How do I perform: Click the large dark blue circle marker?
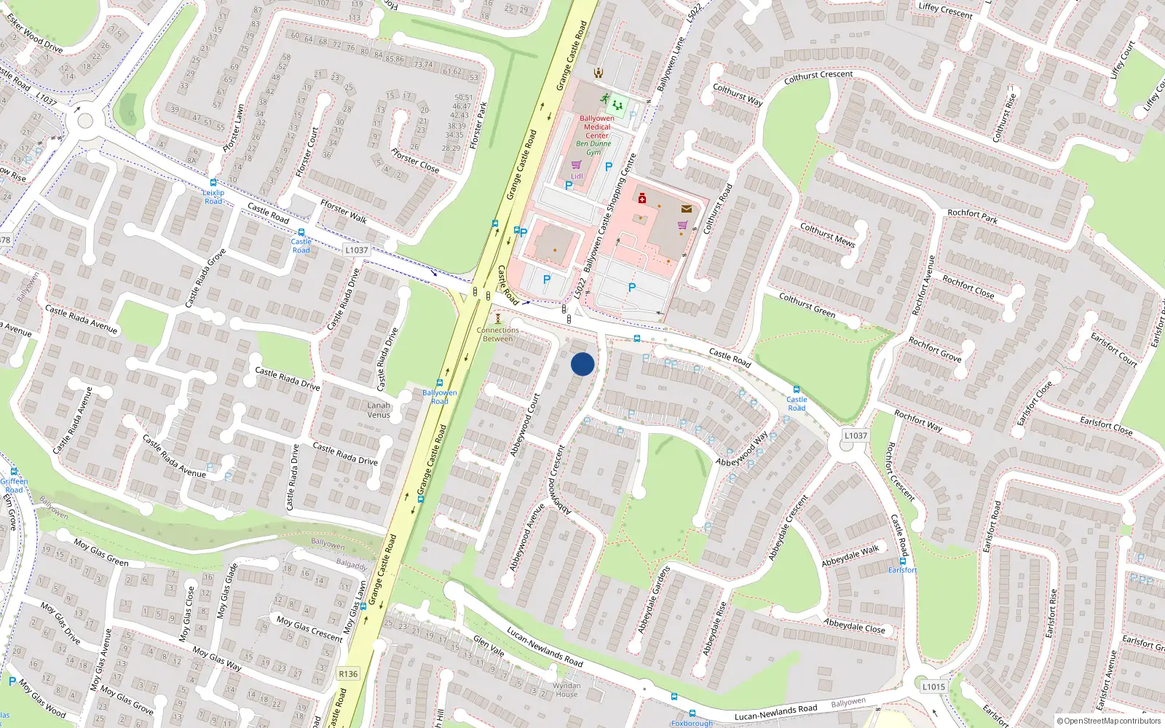pyautogui.click(x=582, y=364)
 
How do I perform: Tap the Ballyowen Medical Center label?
pyautogui.click(x=597, y=127)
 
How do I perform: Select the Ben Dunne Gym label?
pyautogui.click(x=593, y=148)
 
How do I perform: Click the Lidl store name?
pyautogui.click(x=577, y=176)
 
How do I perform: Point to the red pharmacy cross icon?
pyautogui.click(x=641, y=198)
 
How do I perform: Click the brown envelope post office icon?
pyautogui.click(x=686, y=209)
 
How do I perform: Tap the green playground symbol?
pyautogui.click(x=617, y=106)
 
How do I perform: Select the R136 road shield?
pyautogui.click(x=348, y=673)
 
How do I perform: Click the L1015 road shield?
pyautogui.click(x=933, y=687)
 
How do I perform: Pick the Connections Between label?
pyautogui.click(x=498, y=334)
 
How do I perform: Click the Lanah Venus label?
pyautogui.click(x=379, y=410)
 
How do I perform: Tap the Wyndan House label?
pyautogui.click(x=566, y=689)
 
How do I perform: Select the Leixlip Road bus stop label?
pyautogui.click(x=213, y=197)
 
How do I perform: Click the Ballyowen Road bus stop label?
pyautogui.click(x=440, y=397)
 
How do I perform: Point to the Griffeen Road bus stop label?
pyautogui.click(x=14, y=486)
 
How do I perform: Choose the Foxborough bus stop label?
pyautogui.click(x=692, y=723)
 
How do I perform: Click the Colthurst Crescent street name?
pyautogui.click(x=818, y=76)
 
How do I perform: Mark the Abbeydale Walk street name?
pyautogui.click(x=850, y=556)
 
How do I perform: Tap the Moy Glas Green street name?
pyautogui.click(x=101, y=553)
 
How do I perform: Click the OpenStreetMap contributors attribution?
pyautogui.click(x=1109, y=721)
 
